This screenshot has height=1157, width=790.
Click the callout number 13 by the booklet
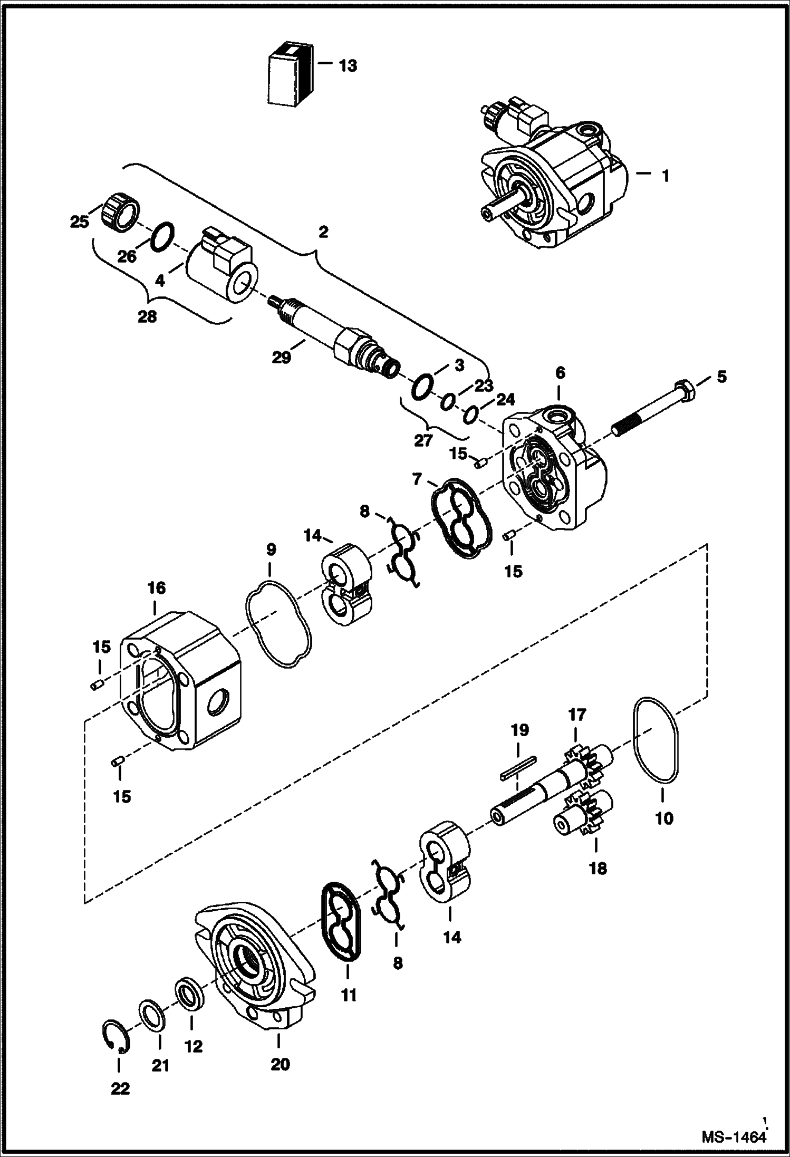(x=348, y=66)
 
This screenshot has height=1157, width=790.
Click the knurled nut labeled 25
(x=119, y=212)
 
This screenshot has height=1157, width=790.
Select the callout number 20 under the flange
(x=280, y=1064)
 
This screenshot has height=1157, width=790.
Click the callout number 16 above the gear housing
(x=157, y=587)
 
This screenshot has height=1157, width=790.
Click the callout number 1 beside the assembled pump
(x=666, y=176)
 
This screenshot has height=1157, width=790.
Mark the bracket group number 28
(x=148, y=317)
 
